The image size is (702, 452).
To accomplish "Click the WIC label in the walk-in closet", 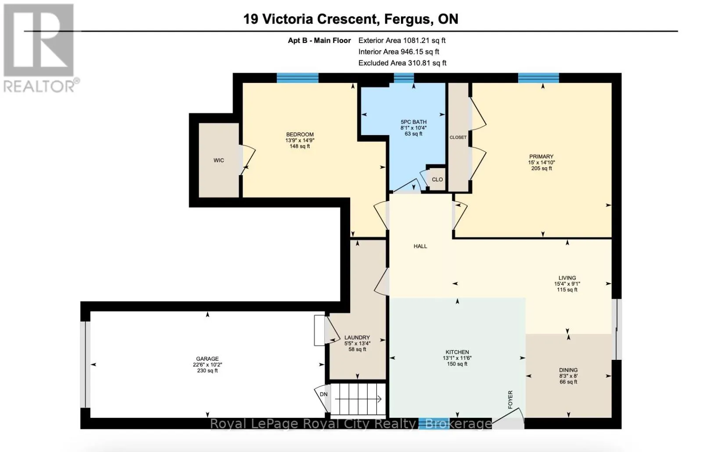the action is pos(219,161).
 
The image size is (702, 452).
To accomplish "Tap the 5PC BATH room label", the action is pos(413,122).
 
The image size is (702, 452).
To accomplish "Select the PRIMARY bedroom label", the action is pos(541,157).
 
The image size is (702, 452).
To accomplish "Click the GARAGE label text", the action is pos(207,359).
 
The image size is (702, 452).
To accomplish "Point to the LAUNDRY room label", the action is pos(357,337).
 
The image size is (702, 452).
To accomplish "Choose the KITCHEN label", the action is pos(457,352).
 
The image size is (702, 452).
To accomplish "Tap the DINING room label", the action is pos(568,370).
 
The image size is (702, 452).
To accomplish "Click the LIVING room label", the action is pos(567,278).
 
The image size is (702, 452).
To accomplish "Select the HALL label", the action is pos(420,246).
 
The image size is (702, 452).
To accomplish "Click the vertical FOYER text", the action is pos(510,400).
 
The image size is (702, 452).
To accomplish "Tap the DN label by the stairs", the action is pos(324,395).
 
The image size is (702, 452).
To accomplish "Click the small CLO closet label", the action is pos(437,179).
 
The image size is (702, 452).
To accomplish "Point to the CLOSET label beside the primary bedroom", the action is pos(458,137).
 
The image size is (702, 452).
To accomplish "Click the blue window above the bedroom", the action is pos(297,78).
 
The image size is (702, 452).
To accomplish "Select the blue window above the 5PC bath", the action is pos(404,78).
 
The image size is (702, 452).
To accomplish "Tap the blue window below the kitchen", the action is pos(434,423).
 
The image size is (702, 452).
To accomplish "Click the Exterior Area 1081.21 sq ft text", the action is pos(402,40).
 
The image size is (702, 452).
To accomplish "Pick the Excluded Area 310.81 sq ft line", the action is pos(402,63).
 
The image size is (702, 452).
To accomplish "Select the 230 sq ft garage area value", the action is pos(207,371).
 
